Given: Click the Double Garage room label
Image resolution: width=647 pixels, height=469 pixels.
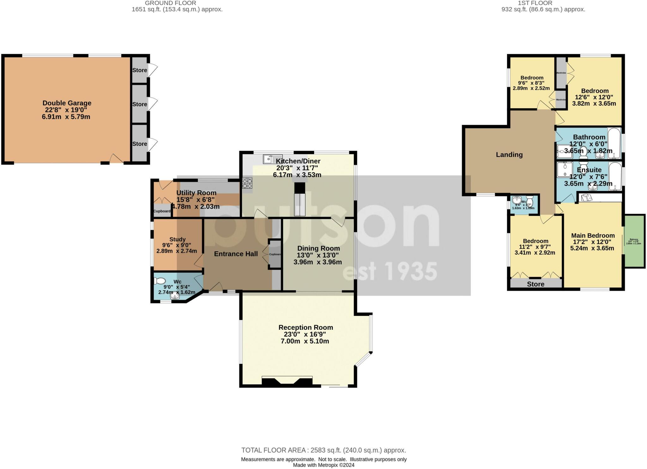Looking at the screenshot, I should (67, 103).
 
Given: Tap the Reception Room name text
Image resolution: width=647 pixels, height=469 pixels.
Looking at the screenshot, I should (305, 328).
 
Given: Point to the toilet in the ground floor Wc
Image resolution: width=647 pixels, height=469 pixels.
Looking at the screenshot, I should (160, 281).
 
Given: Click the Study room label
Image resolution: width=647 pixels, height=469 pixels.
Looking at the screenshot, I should (177, 240).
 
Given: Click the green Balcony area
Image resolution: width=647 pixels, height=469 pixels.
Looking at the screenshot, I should (634, 241).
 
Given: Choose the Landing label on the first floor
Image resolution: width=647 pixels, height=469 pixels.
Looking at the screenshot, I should (509, 155).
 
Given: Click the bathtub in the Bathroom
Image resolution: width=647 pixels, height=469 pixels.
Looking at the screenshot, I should (614, 143).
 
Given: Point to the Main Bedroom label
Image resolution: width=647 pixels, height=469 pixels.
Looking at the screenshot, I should (593, 235).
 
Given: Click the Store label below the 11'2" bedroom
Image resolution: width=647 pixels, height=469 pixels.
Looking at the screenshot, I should (535, 284).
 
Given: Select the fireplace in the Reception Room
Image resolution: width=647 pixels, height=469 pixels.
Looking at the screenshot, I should (287, 381).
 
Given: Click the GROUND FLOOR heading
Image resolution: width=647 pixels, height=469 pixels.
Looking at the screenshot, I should (170, 3).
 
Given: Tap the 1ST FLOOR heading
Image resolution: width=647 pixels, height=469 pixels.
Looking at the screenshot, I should (543, 3).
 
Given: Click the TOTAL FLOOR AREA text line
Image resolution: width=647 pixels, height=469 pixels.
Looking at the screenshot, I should (323, 450).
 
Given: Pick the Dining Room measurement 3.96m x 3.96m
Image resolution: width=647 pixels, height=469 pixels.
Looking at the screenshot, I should (317, 262).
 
